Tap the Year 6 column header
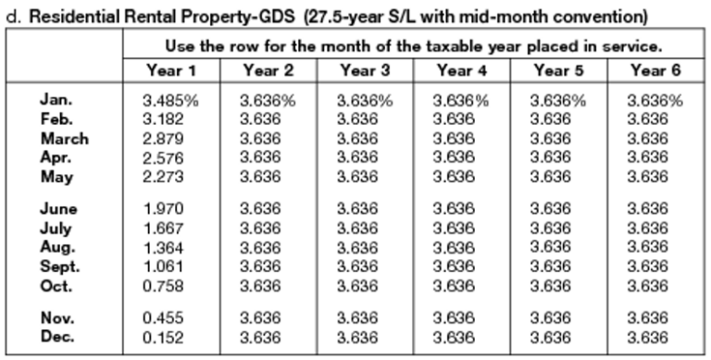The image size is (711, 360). [654, 70]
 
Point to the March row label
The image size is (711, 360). [64, 138]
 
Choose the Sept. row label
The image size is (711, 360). [60, 266]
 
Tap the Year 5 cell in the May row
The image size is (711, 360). [557, 176]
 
